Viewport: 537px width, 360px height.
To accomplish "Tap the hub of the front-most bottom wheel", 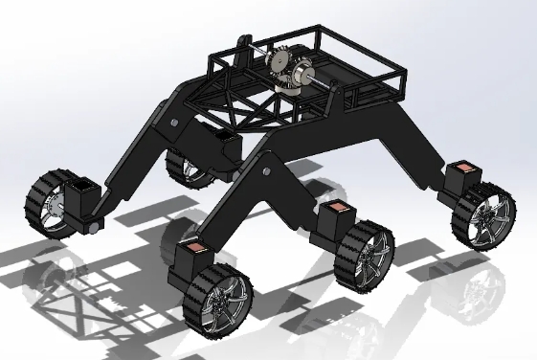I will (223, 301).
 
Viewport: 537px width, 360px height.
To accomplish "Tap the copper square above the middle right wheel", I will (334, 210).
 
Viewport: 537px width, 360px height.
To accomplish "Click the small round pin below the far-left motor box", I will (94, 227).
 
